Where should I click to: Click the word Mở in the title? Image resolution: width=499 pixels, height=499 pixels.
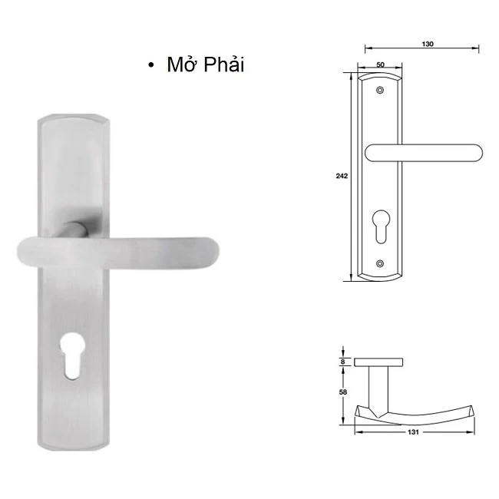point(183,64)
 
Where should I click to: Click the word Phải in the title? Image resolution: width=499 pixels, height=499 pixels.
point(223,65)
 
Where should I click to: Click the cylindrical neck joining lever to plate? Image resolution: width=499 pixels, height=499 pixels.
point(75,229)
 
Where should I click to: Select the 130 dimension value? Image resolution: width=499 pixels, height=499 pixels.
point(428,44)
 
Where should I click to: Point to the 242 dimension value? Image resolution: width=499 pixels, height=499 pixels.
point(342,177)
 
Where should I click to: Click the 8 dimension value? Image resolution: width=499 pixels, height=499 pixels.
point(342,361)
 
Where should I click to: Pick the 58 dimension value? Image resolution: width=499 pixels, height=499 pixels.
point(342,392)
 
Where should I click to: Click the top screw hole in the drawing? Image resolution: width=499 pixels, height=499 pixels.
point(380,91)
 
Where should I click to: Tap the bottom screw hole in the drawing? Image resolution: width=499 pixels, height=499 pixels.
point(380,264)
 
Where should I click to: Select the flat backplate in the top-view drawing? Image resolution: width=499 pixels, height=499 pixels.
point(379,361)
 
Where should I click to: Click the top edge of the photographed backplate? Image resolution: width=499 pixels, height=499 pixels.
point(74,117)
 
